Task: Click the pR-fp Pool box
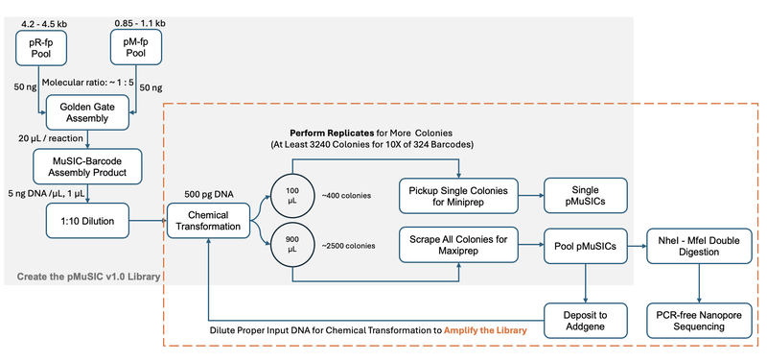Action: point(40,44)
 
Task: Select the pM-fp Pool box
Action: point(134,44)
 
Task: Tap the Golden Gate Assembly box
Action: point(88,114)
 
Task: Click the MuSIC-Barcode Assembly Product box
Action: point(88,165)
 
